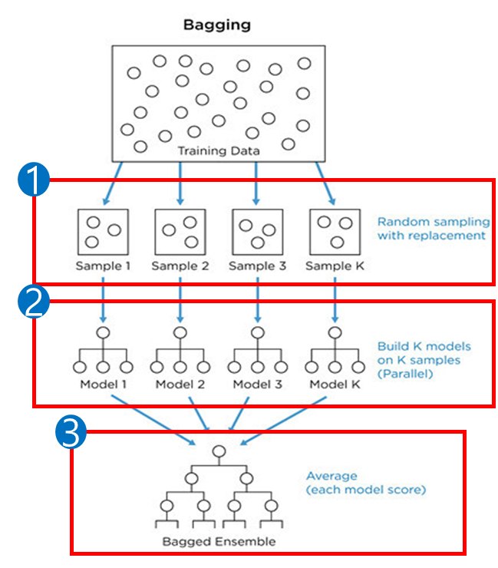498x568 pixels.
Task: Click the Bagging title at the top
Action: pyautogui.click(x=216, y=25)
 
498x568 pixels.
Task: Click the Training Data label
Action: pyautogui.click(x=219, y=151)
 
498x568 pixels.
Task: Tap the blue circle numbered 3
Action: pyautogui.click(x=71, y=434)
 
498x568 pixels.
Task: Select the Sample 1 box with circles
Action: pyautogui.click(x=103, y=231)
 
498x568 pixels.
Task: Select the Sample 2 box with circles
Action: pyautogui.click(x=180, y=231)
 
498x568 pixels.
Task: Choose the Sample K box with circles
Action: pyautogui.click(x=335, y=231)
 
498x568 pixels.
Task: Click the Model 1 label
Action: pyautogui.click(x=103, y=383)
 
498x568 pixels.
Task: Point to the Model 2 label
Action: pyautogui.click(x=180, y=383)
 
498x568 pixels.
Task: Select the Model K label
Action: pyautogui.click(x=335, y=383)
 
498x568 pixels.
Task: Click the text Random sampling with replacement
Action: pyautogui.click(x=430, y=228)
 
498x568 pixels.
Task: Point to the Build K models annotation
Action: pyautogui.click(x=424, y=358)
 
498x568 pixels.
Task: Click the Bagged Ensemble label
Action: pyautogui.click(x=219, y=541)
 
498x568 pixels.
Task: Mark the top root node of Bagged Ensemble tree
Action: pyautogui.click(x=219, y=451)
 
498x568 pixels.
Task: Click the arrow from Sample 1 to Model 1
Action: pyautogui.click(x=103, y=301)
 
